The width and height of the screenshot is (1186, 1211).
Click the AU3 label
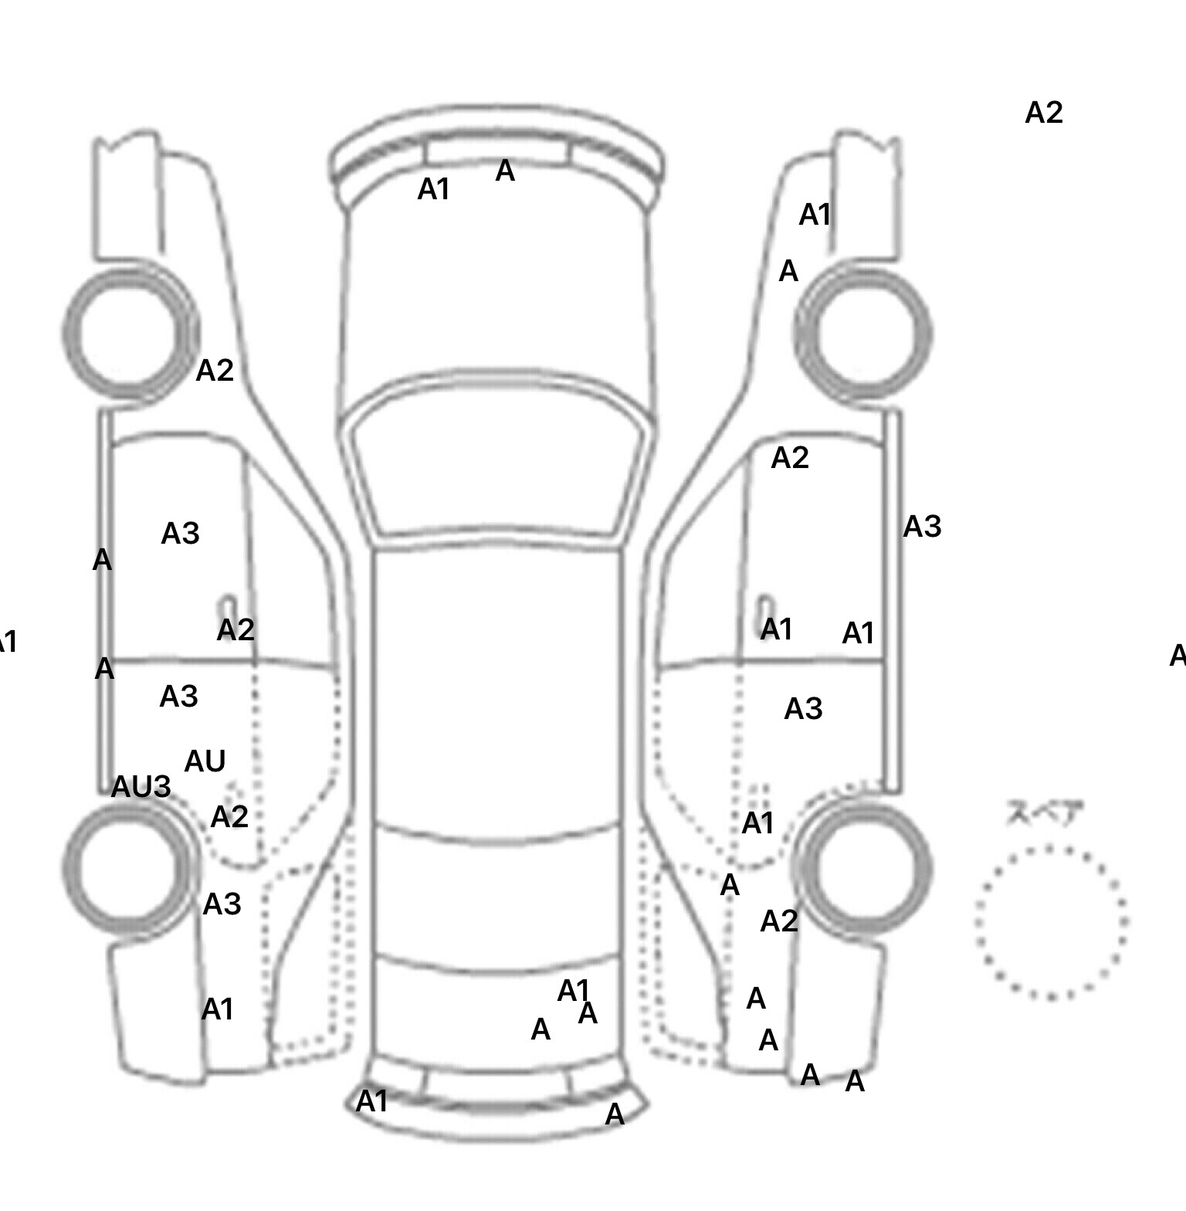pyautogui.click(x=141, y=787)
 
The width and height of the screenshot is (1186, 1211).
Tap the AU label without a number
pyautogui.click(x=205, y=762)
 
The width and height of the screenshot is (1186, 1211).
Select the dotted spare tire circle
pyautogui.click(x=1051, y=922)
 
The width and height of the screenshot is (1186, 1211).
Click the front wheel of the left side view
pyautogui.click(x=130, y=333)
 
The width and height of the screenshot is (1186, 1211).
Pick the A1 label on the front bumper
pyautogui.click(x=433, y=189)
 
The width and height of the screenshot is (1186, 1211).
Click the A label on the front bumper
pyautogui.click(x=504, y=171)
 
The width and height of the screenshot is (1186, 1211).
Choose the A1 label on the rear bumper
pyautogui.click(x=371, y=1101)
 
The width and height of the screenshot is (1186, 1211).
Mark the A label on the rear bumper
pyautogui.click(x=615, y=1114)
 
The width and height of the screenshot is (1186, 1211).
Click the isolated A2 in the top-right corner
pyautogui.click(x=1044, y=113)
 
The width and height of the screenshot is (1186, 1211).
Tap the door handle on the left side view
pyautogui.click(x=229, y=608)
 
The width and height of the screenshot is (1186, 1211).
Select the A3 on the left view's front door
pyautogui.click(x=180, y=534)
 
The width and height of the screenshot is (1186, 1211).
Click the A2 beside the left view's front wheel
pyautogui.click(x=215, y=371)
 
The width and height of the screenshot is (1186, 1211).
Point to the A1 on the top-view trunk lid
pyautogui.click(x=574, y=989)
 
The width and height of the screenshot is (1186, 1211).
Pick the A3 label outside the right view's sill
pyautogui.click(x=922, y=527)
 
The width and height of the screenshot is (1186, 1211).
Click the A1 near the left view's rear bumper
pyautogui.click(x=217, y=1009)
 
